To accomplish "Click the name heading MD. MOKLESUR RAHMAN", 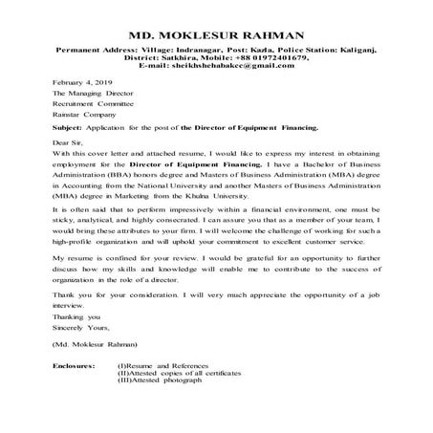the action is pos(216,34).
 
